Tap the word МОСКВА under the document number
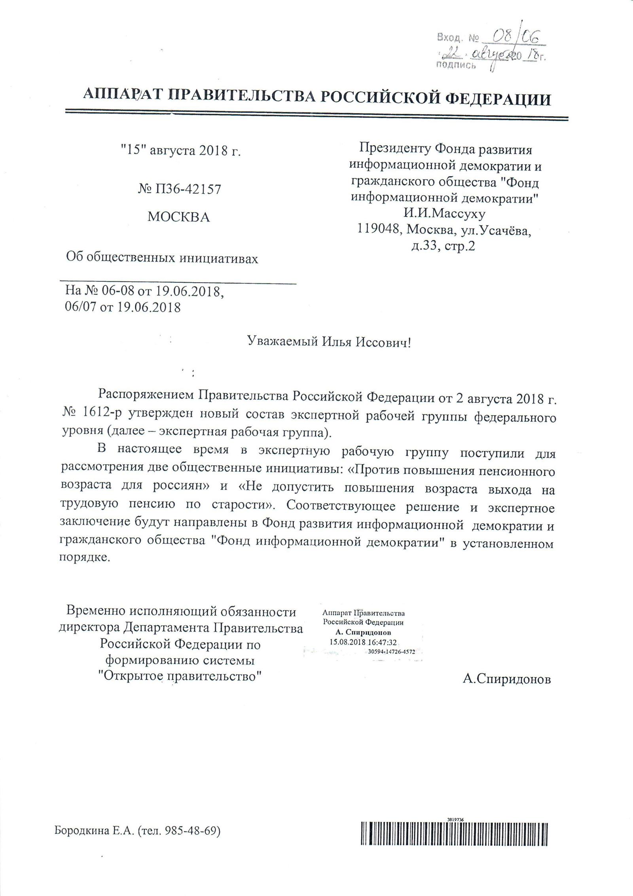pos(178,217)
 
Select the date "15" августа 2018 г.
pos(180,151)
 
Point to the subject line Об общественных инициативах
pos(162,259)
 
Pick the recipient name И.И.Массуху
pos(444,214)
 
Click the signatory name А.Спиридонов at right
pos(506,679)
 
